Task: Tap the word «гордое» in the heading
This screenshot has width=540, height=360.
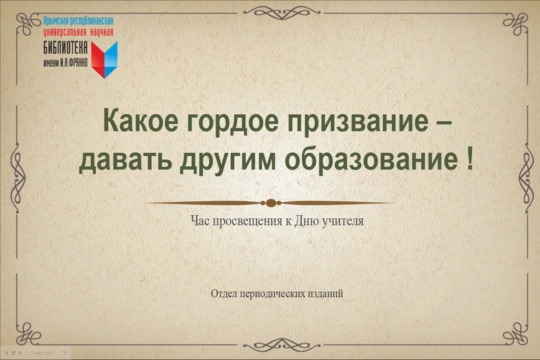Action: tap(232, 123)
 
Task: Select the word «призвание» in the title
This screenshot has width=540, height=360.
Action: tap(358, 123)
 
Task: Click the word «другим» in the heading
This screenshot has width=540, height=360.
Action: tap(227, 163)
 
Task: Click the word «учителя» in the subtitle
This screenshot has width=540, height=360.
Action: tap(343, 221)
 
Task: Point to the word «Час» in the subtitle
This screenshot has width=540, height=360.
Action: tap(200, 221)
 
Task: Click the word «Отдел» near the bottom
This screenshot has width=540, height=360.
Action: tap(224, 294)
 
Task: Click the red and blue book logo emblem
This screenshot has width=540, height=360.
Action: tap(105, 59)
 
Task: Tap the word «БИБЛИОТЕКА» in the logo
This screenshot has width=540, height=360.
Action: tap(65, 48)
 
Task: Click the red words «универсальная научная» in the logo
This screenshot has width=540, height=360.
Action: tap(78, 32)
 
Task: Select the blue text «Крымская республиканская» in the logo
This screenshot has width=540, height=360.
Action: tap(78, 21)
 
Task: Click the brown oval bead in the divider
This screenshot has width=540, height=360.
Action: tap(271, 203)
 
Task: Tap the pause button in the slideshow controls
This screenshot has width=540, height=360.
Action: tap(13, 353)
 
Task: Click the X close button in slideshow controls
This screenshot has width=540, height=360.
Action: tap(64, 353)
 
